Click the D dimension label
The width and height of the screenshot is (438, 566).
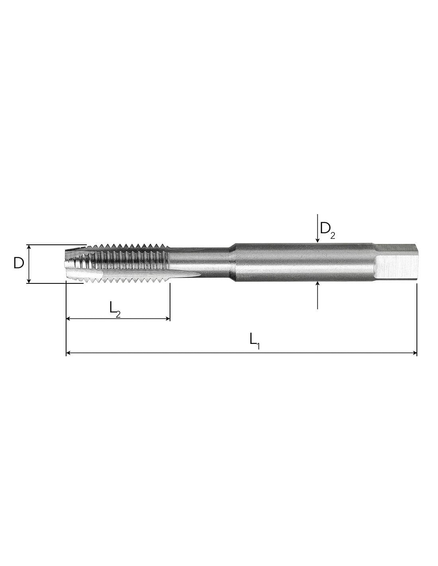click(x=19, y=263)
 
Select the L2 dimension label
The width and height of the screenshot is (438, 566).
click(x=115, y=309)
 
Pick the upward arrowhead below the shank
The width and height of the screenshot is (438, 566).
click(x=317, y=284)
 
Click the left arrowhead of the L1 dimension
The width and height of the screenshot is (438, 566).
click(x=68, y=353)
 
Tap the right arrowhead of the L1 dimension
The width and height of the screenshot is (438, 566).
click(x=414, y=353)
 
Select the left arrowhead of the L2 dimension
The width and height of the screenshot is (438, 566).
click(x=69, y=318)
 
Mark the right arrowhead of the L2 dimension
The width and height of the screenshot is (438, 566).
click(x=167, y=318)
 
